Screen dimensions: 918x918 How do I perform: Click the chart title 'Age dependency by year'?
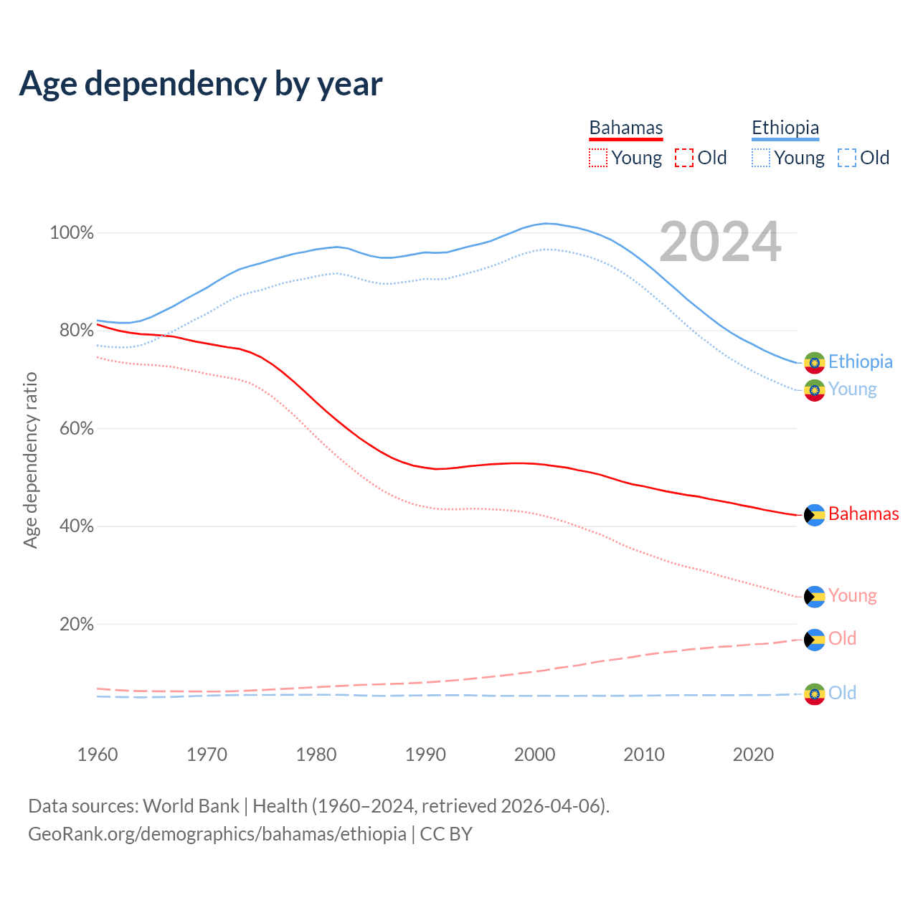[201, 84]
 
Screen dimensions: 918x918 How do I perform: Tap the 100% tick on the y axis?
[72, 233]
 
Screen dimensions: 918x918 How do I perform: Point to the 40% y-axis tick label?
[76, 526]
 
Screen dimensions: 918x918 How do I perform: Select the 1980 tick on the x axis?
[316, 754]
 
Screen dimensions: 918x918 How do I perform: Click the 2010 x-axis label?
[644, 754]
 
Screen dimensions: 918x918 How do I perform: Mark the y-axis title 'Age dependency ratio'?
[30, 460]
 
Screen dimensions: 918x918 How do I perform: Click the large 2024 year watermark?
[720, 242]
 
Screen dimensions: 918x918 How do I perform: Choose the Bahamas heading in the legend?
[626, 128]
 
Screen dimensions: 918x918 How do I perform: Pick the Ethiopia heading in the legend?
[785, 128]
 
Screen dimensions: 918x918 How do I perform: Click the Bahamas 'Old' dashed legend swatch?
[684, 158]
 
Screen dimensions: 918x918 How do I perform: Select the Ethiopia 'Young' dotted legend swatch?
[761, 158]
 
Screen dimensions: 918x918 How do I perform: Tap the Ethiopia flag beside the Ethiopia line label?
[814, 363]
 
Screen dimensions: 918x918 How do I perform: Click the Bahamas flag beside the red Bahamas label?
[814, 515]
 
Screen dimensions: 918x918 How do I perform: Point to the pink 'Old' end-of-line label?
[842, 638]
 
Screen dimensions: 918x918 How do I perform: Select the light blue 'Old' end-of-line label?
[842, 693]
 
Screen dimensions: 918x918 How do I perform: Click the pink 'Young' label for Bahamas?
[852, 595]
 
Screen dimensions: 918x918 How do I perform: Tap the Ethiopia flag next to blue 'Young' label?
[814, 390]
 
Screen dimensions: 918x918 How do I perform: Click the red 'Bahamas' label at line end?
[863, 514]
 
